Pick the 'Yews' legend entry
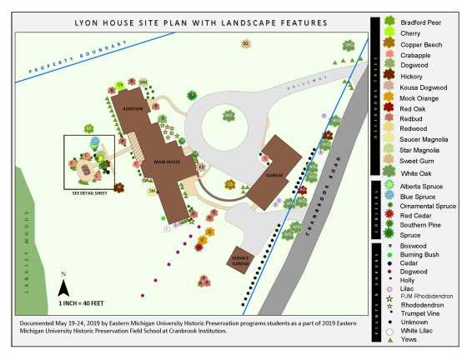(x=408, y=340)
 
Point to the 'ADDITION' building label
(x=133, y=109)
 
